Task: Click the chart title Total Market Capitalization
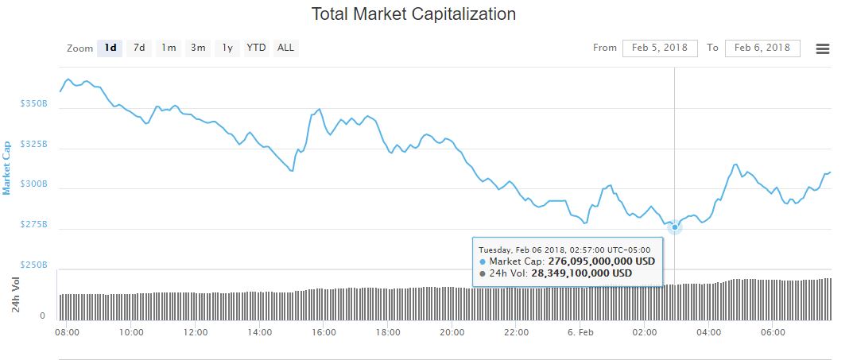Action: click(413, 14)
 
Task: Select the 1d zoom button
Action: click(111, 48)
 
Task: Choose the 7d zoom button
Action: click(139, 48)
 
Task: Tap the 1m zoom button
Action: click(169, 48)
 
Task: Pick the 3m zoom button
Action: click(198, 48)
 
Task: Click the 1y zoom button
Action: click(227, 48)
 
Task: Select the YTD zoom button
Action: click(256, 48)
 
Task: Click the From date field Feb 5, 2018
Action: click(660, 48)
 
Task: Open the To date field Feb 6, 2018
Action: click(762, 48)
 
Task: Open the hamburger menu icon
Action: click(823, 48)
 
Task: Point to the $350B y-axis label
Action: click(34, 104)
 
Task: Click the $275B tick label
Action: click(34, 225)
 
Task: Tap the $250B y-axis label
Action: click(34, 265)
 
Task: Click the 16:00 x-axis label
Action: click(324, 331)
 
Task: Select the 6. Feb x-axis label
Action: click(581, 331)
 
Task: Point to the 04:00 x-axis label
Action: click(709, 331)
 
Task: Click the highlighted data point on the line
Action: click(675, 227)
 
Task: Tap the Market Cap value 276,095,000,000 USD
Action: click(595, 261)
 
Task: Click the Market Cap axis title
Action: click(7, 168)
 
